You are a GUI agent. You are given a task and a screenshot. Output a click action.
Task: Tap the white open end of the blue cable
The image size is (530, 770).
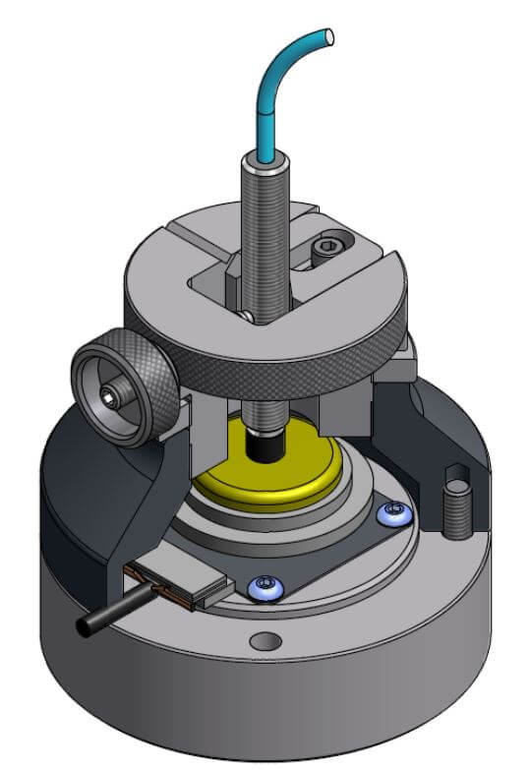(x=330, y=37)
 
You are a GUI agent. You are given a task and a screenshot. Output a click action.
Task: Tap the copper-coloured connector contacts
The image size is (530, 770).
(x=177, y=588)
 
